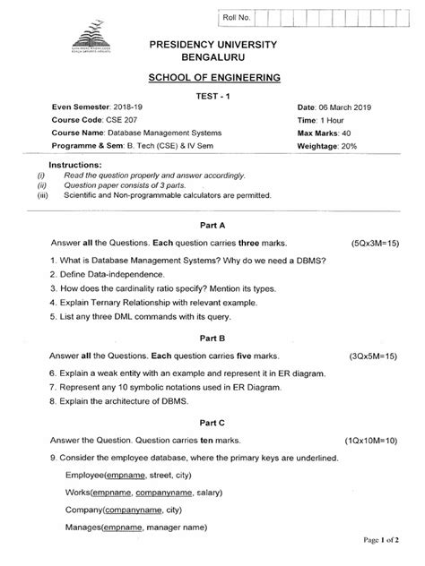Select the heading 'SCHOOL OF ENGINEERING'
(x=212, y=79)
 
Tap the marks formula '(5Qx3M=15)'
(x=375, y=244)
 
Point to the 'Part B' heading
(x=212, y=339)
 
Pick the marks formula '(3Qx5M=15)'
(x=375, y=356)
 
